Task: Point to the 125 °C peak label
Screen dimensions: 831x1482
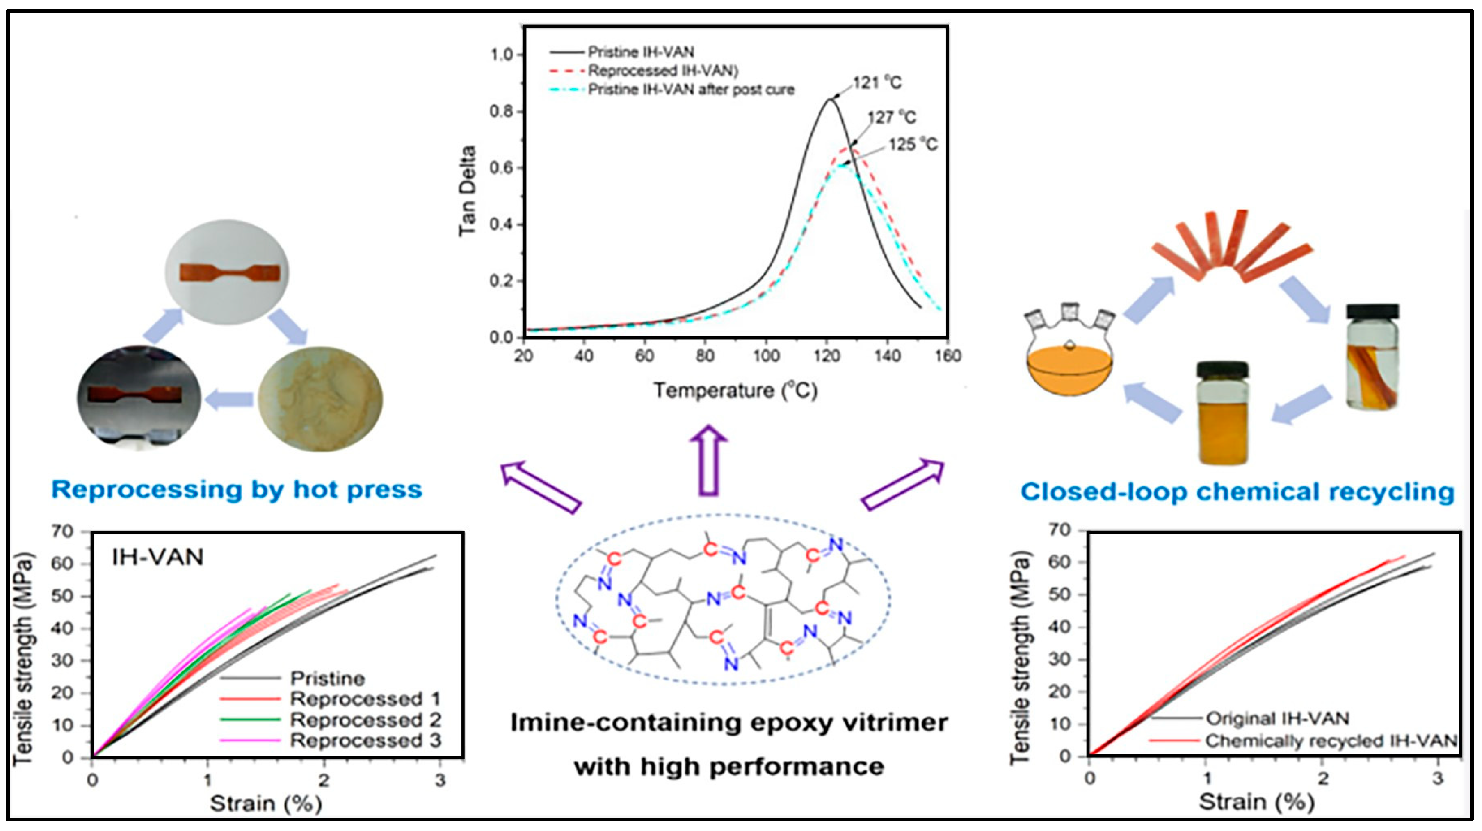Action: click(x=913, y=144)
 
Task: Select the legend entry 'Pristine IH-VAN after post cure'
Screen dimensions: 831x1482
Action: click(x=690, y=90)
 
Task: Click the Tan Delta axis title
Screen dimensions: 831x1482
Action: click(x=467, y=191)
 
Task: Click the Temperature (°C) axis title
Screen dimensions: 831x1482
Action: click(x=735, y=391)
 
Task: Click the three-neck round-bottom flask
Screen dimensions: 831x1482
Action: click(x=1070, y=357)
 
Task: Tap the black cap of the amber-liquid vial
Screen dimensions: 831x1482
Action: click(x=1222, y=368)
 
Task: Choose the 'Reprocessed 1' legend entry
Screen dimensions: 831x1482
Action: click(x=365, y=699)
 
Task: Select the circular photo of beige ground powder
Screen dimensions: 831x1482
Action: click(x=320, y=398)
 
